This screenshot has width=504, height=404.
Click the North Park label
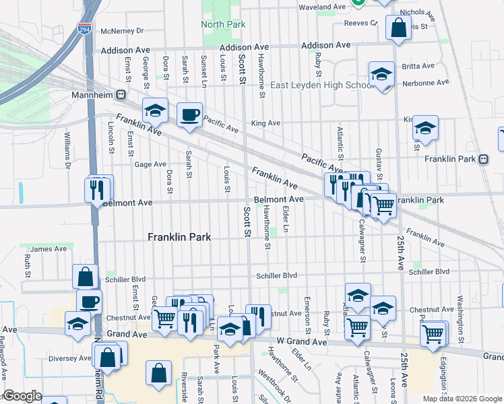222,24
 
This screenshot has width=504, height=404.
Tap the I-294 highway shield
85,30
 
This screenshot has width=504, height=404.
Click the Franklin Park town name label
179,237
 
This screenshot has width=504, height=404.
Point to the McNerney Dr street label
122,31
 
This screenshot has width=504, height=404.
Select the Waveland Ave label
322,7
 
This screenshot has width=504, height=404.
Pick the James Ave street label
49,249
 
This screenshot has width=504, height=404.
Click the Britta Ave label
418,66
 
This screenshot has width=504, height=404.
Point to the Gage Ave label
150,164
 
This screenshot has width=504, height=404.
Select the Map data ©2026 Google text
462,399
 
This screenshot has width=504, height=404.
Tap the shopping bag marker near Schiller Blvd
86,276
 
